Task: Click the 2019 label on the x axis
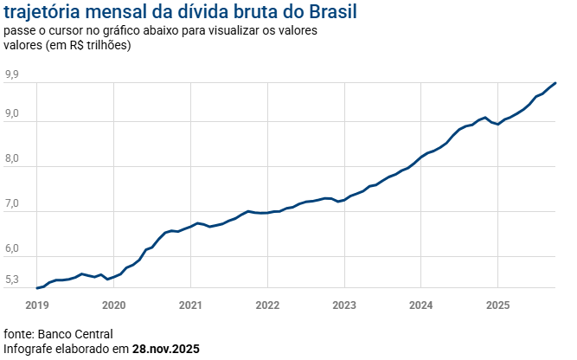pos(37,305)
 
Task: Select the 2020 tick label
pos(113,305)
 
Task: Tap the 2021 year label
pos(190,305)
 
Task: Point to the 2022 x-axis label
pos(267,305)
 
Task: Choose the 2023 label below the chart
pos(344,305)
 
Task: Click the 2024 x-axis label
pos(421,305)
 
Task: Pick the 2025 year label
pos(497,305)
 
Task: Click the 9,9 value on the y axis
pos(12,75)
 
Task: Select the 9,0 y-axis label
pos(12,115)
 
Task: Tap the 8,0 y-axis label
pos(12,159)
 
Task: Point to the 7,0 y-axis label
pos(12,204)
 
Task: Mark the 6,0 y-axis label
pos(12,249)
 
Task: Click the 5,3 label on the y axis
pos(12,280)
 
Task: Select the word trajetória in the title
pos(42,13)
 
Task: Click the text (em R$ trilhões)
pos(88,45)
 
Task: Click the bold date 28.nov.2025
pos(166,349)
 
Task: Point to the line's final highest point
pos(555,83)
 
